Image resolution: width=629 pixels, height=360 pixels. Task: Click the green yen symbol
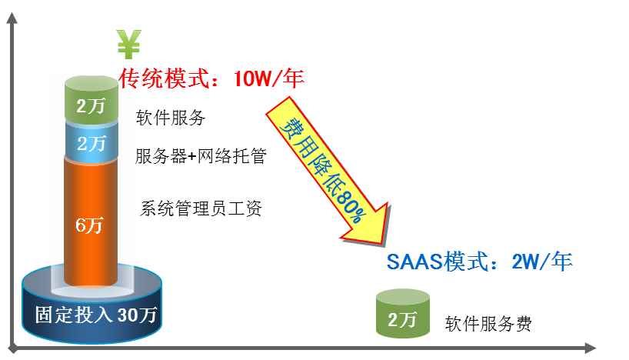(x=128, y=44)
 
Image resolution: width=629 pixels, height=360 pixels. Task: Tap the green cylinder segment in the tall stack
(x=92, y=98)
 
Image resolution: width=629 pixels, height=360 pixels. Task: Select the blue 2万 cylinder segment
(x=92, y=142)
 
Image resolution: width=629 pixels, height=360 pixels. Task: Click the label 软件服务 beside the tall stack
(x=171, y=118)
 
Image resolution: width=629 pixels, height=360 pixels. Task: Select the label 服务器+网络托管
(x=201, y=156)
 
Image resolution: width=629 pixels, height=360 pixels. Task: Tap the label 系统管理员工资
(x=201, y=208)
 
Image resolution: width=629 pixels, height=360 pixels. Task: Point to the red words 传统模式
(x=165, y=78)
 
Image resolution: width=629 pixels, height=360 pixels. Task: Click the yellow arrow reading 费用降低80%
(x=327, y=171)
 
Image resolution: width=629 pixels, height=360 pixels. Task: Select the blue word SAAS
(x=414, y=262)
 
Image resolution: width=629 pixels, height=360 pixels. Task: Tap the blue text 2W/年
(x=542, y=262)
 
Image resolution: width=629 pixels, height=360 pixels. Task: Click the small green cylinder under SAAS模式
(x=403, y=313)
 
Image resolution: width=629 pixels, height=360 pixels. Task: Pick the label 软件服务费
(x=488, y=324)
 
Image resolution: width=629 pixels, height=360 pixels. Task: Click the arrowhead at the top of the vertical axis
(x=12, y=18)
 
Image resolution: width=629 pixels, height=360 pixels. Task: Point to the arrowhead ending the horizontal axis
(x=590, y=348)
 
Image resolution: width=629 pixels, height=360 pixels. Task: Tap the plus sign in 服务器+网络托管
(x=192, y=156)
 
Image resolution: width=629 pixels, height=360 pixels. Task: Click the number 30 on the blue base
(x=127, y=315)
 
